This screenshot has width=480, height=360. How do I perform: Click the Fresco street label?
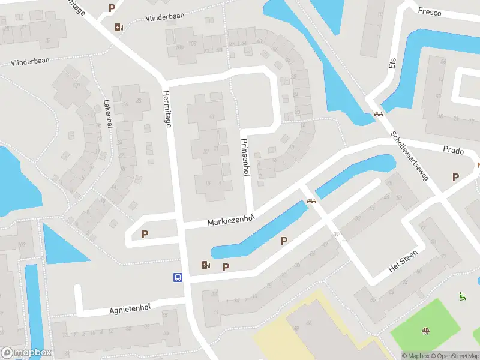tap(430, 12)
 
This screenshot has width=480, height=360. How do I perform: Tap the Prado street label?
tap(454, 151)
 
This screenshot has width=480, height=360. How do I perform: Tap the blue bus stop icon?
tap(178, 277)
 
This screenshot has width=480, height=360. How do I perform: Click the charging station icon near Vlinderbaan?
tap(119, 26)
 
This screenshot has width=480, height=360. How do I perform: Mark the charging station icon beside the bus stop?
tap(206, 265)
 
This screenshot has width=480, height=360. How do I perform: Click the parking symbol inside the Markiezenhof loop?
tap(145, 235)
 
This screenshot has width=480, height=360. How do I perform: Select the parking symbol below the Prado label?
tap(456, 177)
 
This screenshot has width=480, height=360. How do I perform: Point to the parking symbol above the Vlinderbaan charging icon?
tap(112, 8)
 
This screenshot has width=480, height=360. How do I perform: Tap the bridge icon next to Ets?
tap(379, 114)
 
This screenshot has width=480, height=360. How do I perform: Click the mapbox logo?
tap(26, 353)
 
